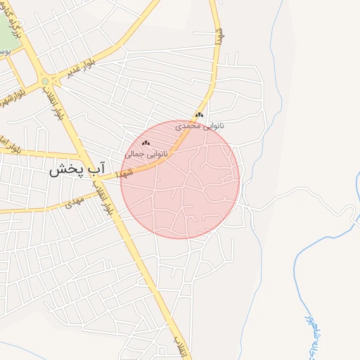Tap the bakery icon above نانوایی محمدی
(200, 115)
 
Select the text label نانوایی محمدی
(200, 125)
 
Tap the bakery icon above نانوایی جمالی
(146, 143)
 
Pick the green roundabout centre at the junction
(46, 81)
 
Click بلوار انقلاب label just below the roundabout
(56, 110)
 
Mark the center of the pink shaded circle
(180, 179)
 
